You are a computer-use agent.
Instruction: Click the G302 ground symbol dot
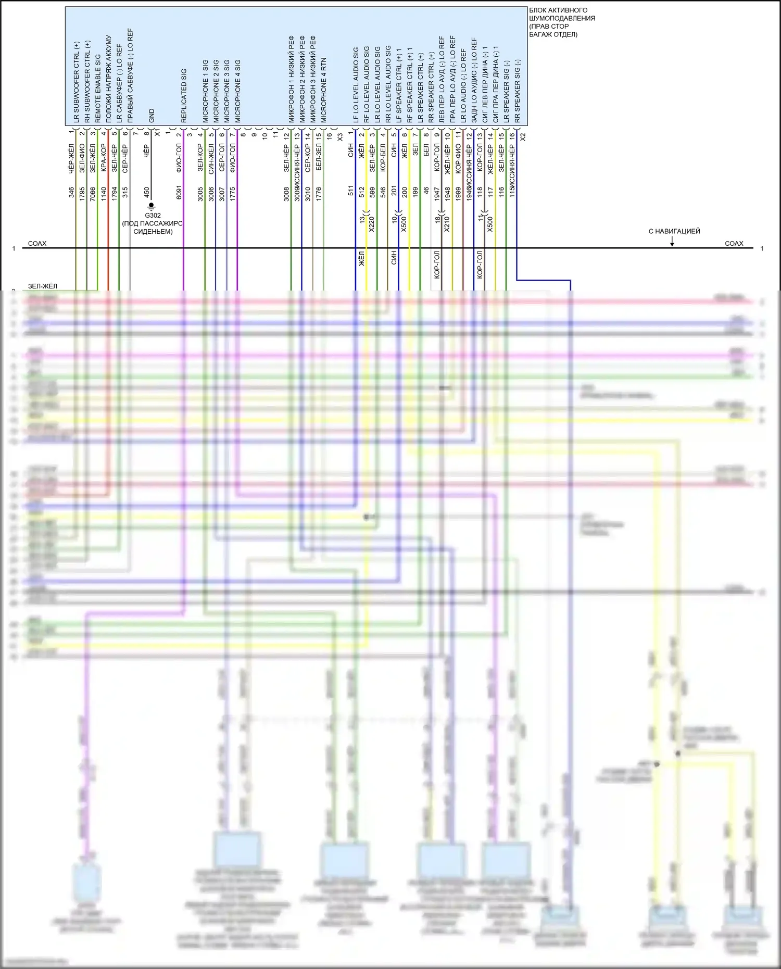152,206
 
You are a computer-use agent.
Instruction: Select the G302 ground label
153,216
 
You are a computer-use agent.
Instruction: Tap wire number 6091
179,192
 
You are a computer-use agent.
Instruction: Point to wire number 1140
104,192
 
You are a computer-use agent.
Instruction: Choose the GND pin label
152,116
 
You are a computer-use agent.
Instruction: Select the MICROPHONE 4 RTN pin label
324,90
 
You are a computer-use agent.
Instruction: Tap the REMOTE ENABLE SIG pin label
98,89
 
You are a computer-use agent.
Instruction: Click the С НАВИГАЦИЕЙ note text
674,231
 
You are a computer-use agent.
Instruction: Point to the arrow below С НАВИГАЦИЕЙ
672,243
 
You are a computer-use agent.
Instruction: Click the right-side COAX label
734,243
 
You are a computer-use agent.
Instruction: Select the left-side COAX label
37,243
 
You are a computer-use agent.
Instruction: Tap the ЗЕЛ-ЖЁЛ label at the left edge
43,286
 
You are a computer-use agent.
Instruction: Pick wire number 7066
93,192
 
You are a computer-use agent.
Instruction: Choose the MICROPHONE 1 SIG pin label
205,91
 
